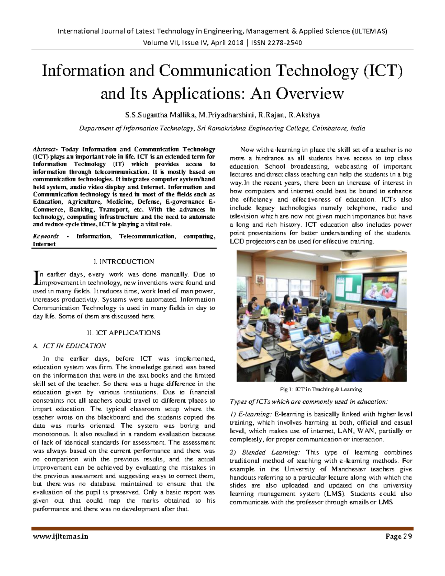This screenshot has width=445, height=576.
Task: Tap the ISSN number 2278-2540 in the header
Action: tap(284, 43)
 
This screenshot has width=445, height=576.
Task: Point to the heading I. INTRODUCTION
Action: tap(124, 261)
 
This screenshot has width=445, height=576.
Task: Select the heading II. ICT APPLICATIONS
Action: tap(124, 333)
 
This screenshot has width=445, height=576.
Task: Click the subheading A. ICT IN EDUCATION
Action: tap(69, 346)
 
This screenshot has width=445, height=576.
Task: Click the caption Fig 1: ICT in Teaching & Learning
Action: tap(321, 389)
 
